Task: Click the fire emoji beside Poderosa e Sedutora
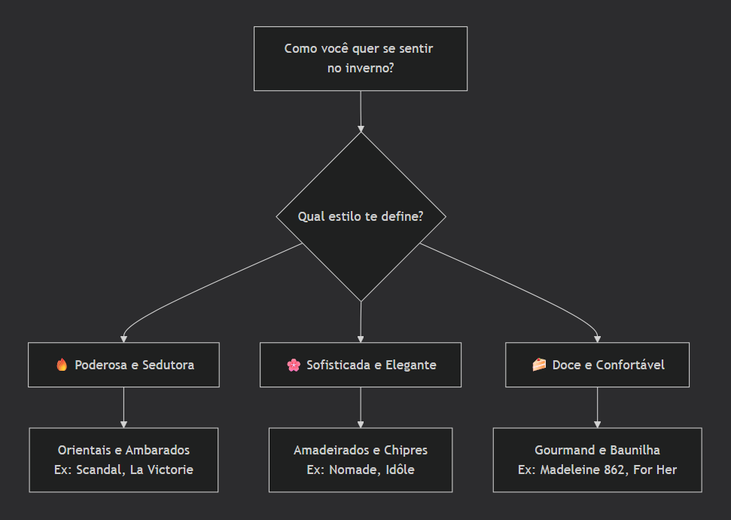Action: coord(62,365)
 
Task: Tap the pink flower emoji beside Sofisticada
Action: coord(294,365)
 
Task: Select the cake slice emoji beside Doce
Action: coord(539,365)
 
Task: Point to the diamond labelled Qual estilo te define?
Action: coord(361,216)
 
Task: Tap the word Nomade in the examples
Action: coord(349,470)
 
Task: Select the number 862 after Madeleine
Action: coord(614,470)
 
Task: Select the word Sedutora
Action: coord(169,365)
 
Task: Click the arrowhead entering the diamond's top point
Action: coord(361,129)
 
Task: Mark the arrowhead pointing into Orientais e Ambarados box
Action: coord(123,424)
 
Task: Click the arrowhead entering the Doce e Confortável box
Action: coord(597,339)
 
